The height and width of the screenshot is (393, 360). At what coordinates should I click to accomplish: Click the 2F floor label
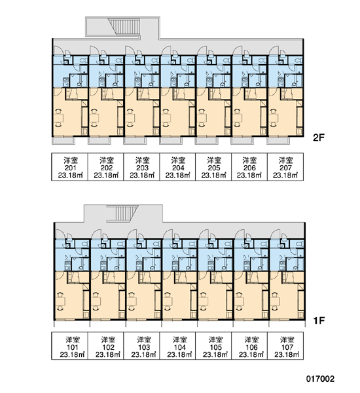point(319,137)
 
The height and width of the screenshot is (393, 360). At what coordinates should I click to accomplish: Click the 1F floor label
point(319,320)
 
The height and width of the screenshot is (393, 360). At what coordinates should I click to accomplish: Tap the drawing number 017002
point(320,378)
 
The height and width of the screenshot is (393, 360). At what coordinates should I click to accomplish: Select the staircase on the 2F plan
point(124,26)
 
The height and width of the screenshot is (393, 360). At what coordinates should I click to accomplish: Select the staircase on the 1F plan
point(122,214)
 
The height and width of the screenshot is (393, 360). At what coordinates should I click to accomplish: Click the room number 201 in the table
point(70,168)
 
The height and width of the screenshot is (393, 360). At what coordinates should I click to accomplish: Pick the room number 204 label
point(178,168)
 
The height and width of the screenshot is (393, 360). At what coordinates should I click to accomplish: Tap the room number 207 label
point(285,168)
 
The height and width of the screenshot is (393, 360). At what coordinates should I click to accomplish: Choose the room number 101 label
point(72,347)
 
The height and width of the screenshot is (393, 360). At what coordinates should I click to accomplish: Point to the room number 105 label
point(215,347)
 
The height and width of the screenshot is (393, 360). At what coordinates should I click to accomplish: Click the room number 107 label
point(287,347)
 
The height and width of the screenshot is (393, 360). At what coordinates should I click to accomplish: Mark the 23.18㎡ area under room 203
point(142,175)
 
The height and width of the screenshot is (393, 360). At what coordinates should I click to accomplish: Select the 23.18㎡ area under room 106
point(251,354)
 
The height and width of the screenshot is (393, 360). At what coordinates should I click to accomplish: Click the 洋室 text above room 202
point(107,160)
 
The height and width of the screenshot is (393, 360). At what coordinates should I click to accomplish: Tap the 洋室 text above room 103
point(144,339)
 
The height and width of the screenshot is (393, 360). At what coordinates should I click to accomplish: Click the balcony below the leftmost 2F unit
point(63,140)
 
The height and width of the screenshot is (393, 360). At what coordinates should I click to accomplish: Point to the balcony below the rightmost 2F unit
point(278,140)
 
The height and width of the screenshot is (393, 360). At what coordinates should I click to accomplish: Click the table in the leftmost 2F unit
point(60,117)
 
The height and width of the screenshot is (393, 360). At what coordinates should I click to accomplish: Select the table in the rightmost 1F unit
point(276,301)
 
